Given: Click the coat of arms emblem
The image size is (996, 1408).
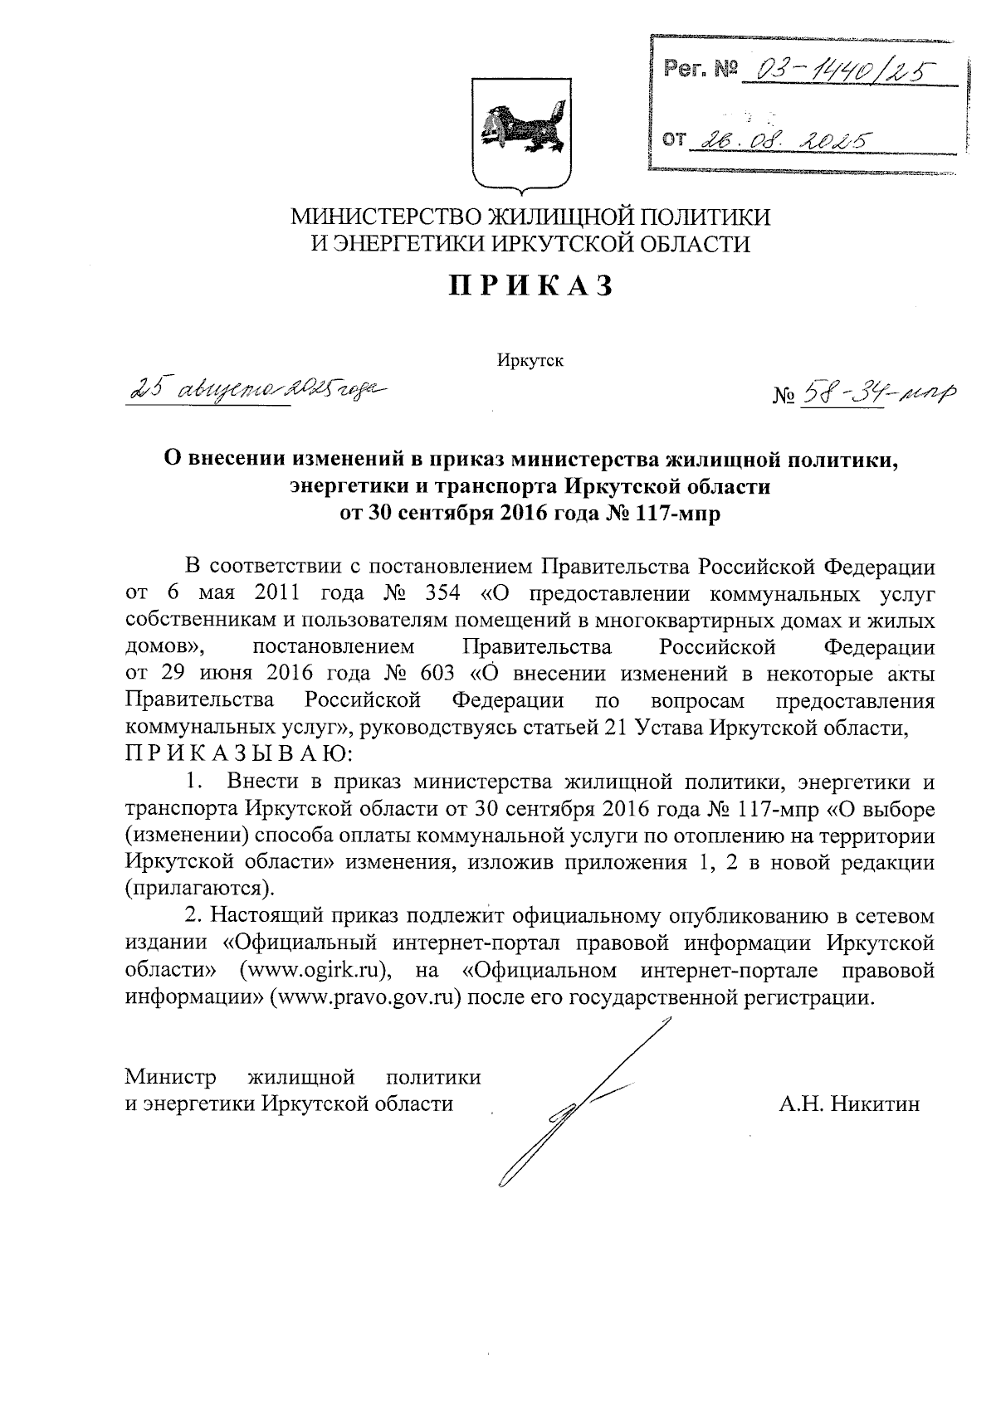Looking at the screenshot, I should [x=520, y=134].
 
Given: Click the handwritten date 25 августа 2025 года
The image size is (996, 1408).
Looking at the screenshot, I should [x=256, y=388].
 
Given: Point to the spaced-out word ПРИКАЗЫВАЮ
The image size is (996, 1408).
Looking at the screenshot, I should [x=239, y=755].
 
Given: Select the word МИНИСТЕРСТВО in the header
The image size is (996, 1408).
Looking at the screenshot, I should [x=384, y=217].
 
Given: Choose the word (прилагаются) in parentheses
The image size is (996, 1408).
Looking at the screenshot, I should [x=199, y=889].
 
